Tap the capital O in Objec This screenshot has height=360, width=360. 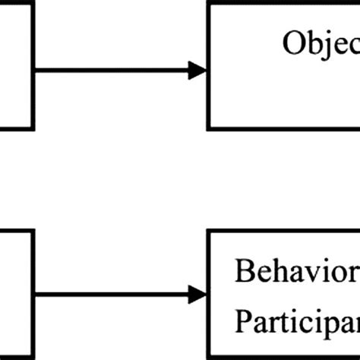click(294, 43)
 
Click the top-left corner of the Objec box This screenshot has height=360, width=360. click(209, 3)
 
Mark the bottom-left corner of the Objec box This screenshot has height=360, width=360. click(209, 128)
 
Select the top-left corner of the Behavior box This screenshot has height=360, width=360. click(209, 234)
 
